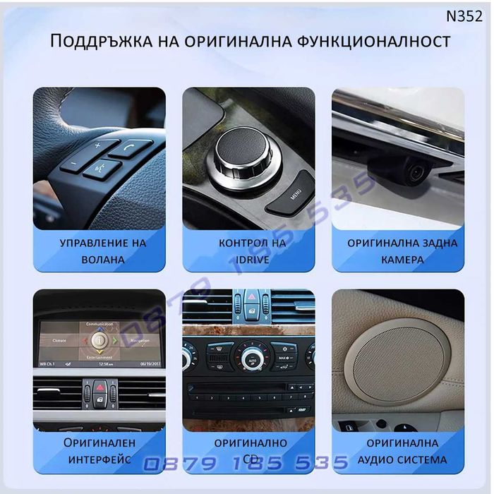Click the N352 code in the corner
click(x=464, y=16)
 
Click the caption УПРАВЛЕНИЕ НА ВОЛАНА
click(x=103, y=251)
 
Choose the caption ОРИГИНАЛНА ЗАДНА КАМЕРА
click(x=402, y=251)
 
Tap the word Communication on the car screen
click(x=99, y=324)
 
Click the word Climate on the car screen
click(x=59, y=340)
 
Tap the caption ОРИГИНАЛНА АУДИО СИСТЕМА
click(x=402, y=451)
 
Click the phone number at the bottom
click(x=247, y=463)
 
